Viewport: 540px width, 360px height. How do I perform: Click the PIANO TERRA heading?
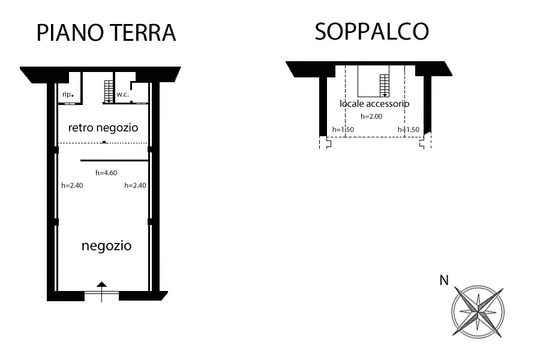(106, 33)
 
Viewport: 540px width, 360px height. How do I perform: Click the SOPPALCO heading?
(372, 31)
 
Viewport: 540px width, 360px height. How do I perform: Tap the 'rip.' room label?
(68, 94)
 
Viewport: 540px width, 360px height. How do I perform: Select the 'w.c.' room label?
(122, 94)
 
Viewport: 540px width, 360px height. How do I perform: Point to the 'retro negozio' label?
(103, 128)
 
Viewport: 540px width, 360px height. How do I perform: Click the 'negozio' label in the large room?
(106, 246)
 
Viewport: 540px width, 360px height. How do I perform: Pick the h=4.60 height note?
(106, 173)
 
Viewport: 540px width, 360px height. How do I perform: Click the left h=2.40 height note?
(72, 185)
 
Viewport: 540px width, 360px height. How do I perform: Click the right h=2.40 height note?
(135, 185)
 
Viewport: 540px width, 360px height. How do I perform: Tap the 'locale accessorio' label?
(374, 104)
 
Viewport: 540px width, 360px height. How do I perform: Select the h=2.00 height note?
(371, 116)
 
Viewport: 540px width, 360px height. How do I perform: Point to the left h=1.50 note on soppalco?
(343, 130)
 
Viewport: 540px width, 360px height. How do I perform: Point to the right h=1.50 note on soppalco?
(409, 130)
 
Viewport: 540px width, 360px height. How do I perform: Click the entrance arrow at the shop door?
(101, 292)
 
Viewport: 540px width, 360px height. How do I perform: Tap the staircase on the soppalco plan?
(385, 86)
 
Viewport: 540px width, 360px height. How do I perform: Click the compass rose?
(478, 311)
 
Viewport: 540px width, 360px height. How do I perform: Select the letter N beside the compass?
(444, 280)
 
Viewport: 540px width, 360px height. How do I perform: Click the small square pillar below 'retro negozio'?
(104, 142)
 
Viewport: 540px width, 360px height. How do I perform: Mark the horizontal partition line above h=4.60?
(115, 161)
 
